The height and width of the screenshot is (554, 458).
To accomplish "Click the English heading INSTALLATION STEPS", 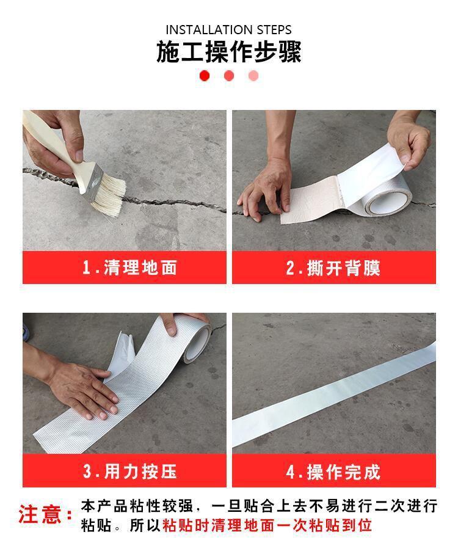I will coord(228,29).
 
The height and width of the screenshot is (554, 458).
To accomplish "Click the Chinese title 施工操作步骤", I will coord(228,53).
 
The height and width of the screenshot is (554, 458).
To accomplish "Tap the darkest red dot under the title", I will coord(205,76).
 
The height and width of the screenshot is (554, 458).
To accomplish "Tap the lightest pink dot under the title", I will coord(253,76).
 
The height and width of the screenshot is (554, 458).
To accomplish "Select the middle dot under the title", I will coord(229,76).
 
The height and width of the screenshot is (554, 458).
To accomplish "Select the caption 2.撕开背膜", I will coord(333,268).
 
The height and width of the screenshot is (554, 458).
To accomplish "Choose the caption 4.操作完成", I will coord(333,471).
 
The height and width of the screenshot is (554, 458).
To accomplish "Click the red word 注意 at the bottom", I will coord(41,514).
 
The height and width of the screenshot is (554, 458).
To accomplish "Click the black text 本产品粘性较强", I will coord(137,506).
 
